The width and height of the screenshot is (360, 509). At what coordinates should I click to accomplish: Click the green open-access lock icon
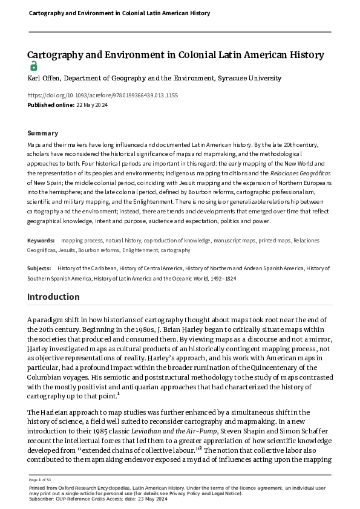33,66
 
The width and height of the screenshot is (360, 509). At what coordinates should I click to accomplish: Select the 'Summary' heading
43,133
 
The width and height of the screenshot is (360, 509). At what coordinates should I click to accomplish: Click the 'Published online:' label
50,105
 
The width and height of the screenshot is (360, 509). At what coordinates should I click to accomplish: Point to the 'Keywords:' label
41,241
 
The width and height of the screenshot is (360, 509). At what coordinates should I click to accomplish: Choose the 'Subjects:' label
39,267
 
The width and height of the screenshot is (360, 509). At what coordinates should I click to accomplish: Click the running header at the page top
112,13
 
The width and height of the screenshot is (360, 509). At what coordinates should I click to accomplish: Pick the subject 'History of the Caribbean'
85,267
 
